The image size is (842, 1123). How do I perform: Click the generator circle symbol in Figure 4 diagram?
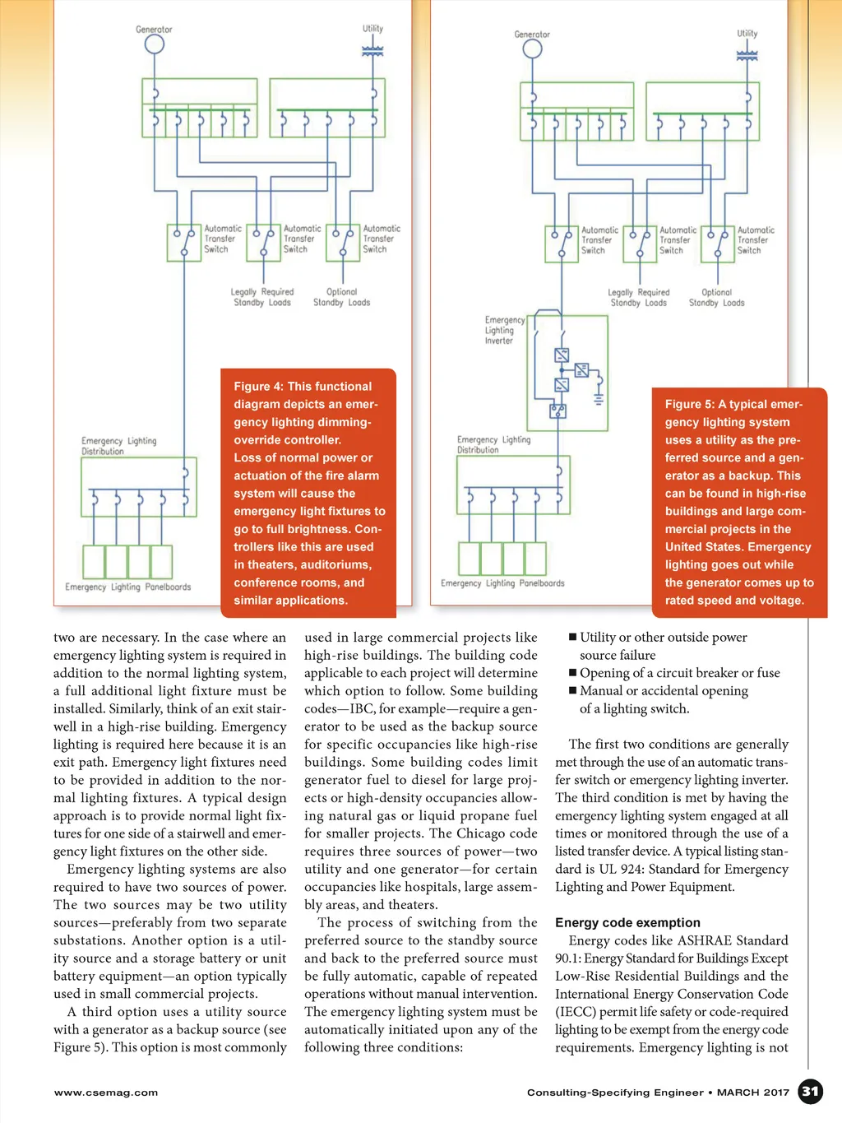coord(155,44)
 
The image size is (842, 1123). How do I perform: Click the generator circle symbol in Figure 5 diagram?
coord(533,49)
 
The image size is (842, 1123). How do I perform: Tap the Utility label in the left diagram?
coord(372,29)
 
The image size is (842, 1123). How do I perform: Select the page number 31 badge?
coord(811,1092)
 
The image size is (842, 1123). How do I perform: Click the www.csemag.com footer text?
coord(106,1093)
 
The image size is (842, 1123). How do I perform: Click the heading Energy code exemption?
coord(627,923)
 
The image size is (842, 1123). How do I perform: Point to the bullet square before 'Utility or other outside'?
coord(572,637)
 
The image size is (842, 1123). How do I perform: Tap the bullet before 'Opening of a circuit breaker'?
coord(572,673)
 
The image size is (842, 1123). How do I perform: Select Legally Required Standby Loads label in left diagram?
coord(262,297)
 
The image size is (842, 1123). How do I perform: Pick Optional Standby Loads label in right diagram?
coord(716,298)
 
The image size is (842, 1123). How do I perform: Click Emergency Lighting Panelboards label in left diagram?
coord(128,587)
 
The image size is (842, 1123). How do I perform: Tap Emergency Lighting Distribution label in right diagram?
coord(493,445)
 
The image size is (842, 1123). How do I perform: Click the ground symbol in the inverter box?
coord(599,399)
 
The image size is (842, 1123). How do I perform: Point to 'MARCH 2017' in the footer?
coord(752,1093)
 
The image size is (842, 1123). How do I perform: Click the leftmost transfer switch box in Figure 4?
coord(184,243)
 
